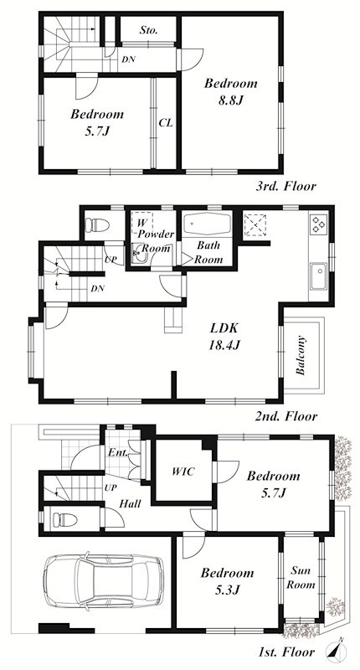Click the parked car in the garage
(103, 581)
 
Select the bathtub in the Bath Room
(207, 223)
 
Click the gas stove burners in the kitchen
(319, 224)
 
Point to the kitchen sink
(319, 276)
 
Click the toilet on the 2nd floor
(97, 224)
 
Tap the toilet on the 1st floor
(64, 520)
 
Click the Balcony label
(301, 355)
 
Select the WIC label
(183, 472)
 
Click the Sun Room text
(301, 577)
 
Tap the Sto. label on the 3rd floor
(149, 30)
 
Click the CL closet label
(166, 123)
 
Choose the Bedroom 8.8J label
(230, 91)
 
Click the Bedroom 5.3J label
(227, 581)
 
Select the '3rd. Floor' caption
(286, 186)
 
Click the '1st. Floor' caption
(286, 652)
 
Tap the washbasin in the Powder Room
(139, 255)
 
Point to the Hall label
(130, 504)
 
